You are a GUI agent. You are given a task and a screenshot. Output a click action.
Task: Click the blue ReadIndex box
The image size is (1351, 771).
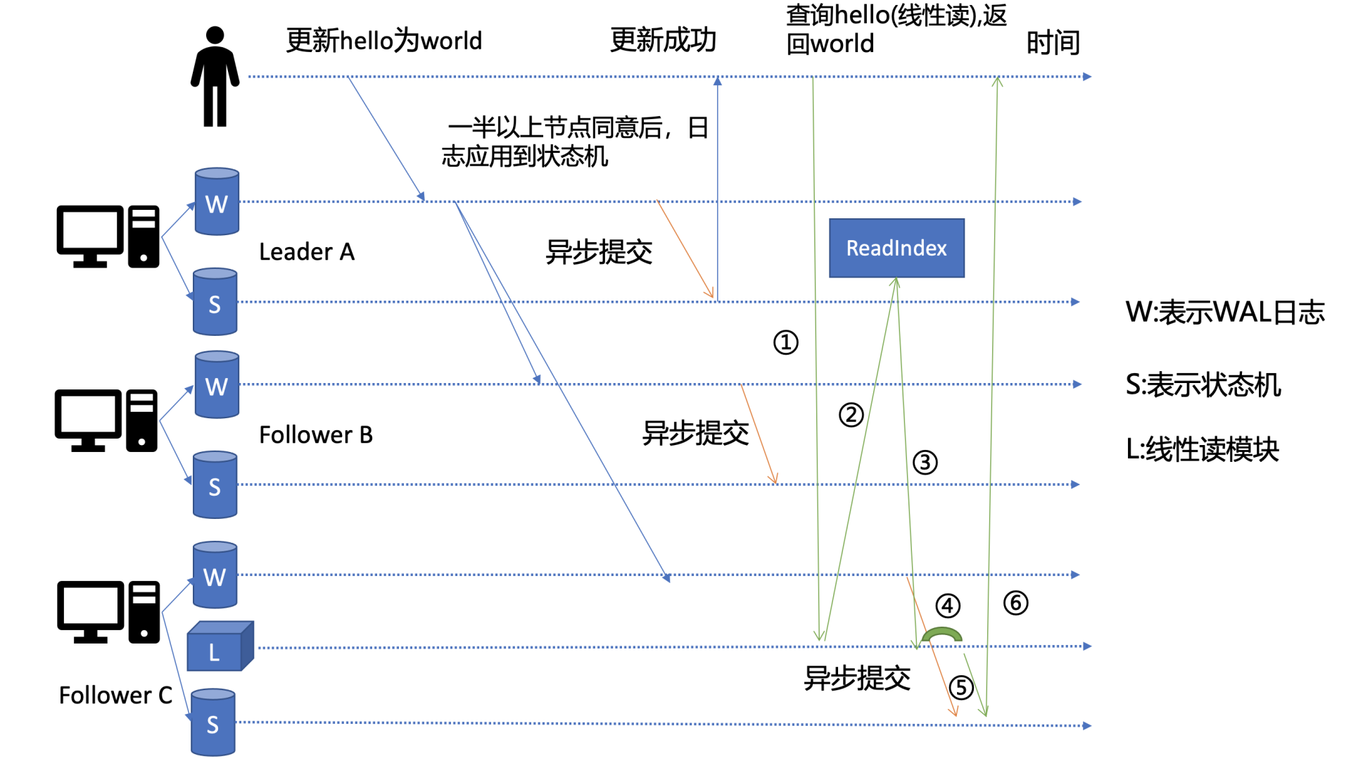tap(896, 248)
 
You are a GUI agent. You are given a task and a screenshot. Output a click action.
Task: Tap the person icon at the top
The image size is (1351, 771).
tap(215, 77)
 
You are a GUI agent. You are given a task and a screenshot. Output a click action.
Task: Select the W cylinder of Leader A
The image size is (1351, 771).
tap(217, 202)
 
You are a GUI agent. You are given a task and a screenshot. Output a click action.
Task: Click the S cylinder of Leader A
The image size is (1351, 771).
tap(215, 302)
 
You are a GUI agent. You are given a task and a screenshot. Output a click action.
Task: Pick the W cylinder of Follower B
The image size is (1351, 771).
tap(217, 384)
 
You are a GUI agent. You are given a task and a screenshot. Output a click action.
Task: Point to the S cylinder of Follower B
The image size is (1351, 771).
tap(215, 485)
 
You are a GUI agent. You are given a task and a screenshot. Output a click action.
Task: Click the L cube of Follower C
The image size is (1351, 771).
tap(219, 646)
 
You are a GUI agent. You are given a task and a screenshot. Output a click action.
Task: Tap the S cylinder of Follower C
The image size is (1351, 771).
tap(213, 723)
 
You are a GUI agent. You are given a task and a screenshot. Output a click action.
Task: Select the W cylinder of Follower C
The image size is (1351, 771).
tap(215, 575)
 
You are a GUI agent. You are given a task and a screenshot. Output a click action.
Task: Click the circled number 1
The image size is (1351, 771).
tap(785, 343)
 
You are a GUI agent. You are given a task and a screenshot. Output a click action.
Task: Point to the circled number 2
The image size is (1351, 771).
tap(851, 415)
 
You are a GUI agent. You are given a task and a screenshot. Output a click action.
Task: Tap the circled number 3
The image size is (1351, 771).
tap(925, 463)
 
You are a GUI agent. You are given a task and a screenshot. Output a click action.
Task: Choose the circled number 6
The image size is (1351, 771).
tap(1015, 603)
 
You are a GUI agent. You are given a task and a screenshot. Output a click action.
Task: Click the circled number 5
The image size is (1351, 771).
tap(960, 688)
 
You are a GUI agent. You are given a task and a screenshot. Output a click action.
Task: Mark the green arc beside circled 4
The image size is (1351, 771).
tap(941, 634)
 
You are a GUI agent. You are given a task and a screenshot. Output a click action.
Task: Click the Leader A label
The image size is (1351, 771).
tap(306, 252)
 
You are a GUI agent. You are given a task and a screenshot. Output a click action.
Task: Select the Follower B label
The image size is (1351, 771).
tap(315, 435)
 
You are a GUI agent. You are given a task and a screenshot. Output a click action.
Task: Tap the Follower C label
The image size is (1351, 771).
tap(115, 696)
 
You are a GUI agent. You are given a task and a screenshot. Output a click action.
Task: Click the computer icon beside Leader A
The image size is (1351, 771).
tap(108, 237)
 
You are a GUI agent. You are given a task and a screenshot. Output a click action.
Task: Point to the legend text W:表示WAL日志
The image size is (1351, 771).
tap(1224, 313)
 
